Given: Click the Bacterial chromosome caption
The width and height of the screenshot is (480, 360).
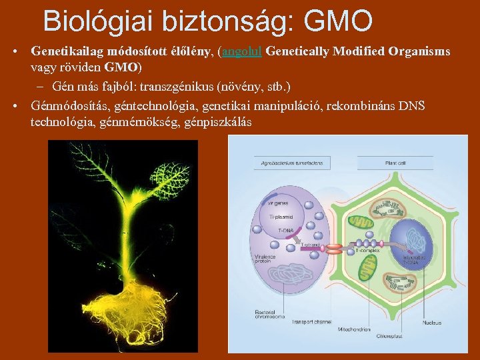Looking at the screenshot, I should point(269,314).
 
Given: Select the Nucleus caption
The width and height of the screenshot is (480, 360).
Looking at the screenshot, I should point(431,323).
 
